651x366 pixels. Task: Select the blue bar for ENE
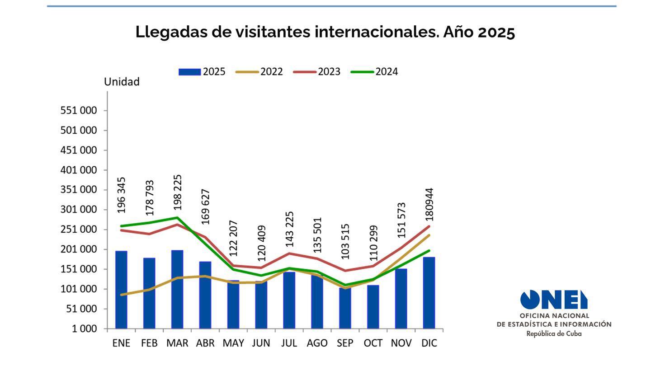click(x=121, y=290)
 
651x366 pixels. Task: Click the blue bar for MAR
click(x=177, y=289)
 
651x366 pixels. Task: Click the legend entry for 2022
click(x=259, y=72)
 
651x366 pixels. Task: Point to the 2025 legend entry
click(x=202, y=72)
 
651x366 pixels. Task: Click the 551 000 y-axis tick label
click(x=79, y=111)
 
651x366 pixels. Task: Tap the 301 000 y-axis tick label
click(x=79, y=210)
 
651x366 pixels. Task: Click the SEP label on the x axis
click(x=345, y=343)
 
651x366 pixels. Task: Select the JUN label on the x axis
click(x=261, y=343)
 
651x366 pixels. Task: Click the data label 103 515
click(x=345, y=241)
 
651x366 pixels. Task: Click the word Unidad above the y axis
click(x=122, y=82)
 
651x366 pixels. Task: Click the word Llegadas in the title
click(x=171, y=32)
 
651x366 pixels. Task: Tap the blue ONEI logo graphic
click(x=554, y=300)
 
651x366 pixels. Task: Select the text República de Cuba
click(x=554, y=334)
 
